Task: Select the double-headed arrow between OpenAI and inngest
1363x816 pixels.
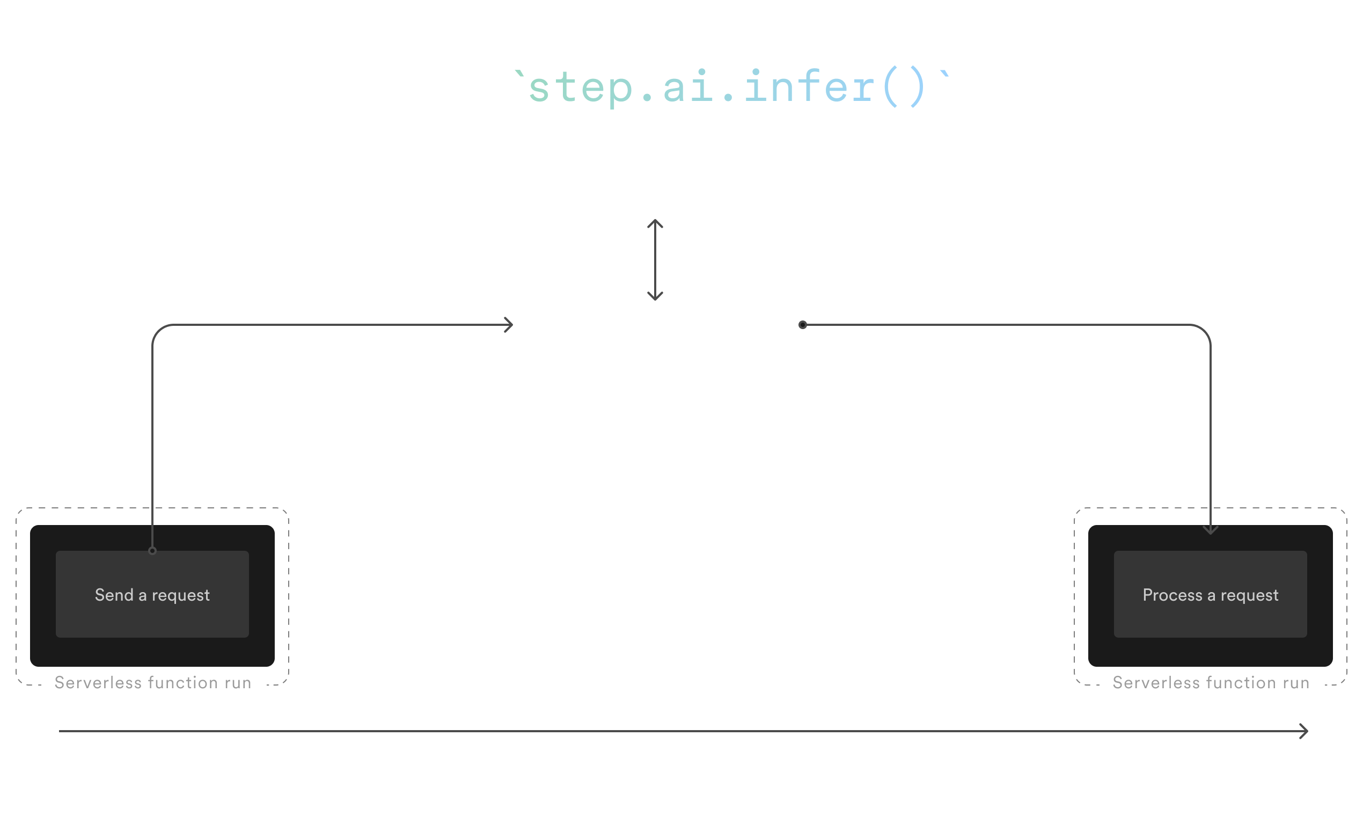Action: [655, 259]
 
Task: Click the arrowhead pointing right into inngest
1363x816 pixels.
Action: [509, 325]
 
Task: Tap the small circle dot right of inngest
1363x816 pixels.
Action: [802, 325]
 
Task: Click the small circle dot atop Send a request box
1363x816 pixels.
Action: [152, 550]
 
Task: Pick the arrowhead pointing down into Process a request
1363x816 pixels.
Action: [1210, 530]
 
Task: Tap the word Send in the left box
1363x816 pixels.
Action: [114, 595]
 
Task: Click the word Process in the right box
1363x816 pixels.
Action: [1172, 595]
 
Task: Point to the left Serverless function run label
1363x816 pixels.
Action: [153, 683]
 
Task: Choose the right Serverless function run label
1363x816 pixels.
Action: [1211, 683]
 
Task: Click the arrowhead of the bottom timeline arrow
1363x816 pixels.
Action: [1303, 731]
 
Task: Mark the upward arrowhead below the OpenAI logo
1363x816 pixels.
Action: [655, 223]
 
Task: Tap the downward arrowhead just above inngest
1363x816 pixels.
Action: [655, 297]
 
